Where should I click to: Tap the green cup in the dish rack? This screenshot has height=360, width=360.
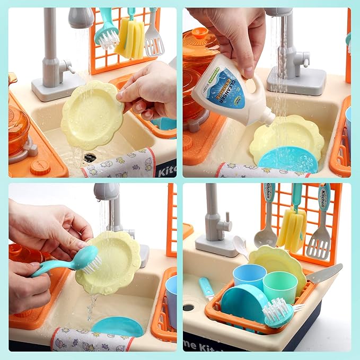[x=280, y=287]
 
